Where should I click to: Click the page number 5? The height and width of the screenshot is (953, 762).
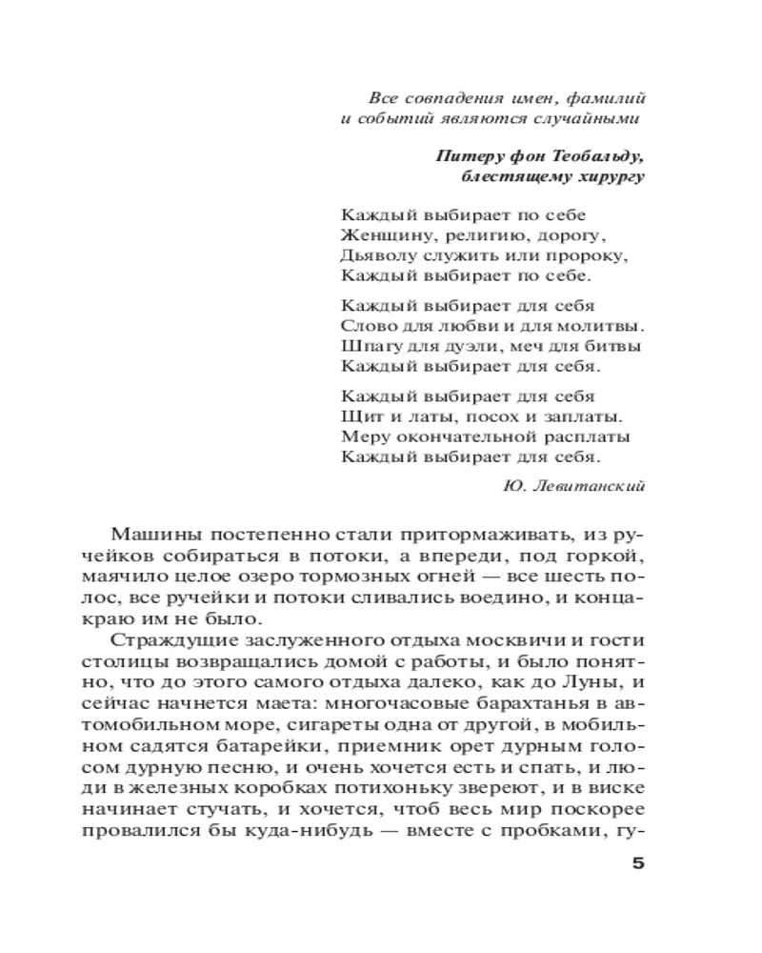coord(638,864)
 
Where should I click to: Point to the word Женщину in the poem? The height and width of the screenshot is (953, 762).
coord(376,234)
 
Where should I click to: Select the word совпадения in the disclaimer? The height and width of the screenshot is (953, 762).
coord(449,98)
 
